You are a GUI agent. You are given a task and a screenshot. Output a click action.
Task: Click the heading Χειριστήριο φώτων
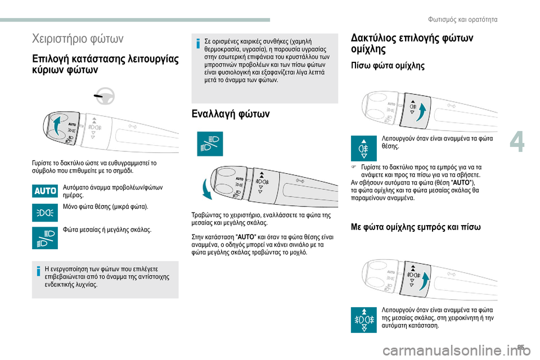[x=78, y=39]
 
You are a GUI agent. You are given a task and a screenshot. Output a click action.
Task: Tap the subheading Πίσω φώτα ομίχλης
[x=388, y=66]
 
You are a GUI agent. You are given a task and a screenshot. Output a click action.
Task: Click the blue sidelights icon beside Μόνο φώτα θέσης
[x=45, y=213]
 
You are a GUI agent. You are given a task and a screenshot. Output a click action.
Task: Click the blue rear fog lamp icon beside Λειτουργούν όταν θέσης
[x=364, y=148]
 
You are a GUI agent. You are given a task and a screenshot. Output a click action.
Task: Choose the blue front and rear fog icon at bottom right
[x=364, y=319]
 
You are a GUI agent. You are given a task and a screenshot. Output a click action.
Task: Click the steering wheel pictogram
[x=102, y=97]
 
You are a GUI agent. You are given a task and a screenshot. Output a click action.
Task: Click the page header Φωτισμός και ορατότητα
[x=467, y=20]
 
